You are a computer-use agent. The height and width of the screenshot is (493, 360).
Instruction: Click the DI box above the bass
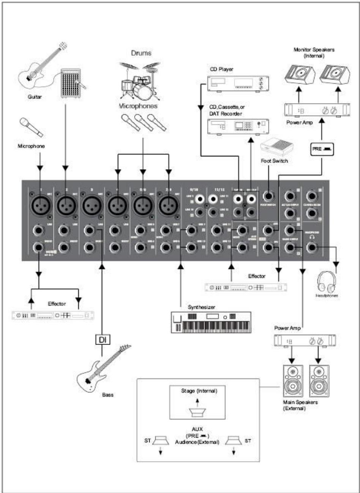(102, 340)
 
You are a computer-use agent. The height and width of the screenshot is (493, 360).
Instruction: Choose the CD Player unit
(238, 83)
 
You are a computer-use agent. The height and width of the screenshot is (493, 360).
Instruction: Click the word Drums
(141, 53)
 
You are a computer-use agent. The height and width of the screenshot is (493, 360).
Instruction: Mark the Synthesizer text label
(201, 307)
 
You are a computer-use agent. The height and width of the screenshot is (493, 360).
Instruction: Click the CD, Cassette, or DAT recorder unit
(238, 127)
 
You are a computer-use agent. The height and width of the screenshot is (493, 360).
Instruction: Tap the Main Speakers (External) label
(300, 405)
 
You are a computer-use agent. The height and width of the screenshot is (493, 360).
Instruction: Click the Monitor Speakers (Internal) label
(314, 53)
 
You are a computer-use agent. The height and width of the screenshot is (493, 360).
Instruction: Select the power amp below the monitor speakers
(316, 110)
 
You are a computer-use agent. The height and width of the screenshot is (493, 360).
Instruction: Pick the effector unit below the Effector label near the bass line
(53, 315)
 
